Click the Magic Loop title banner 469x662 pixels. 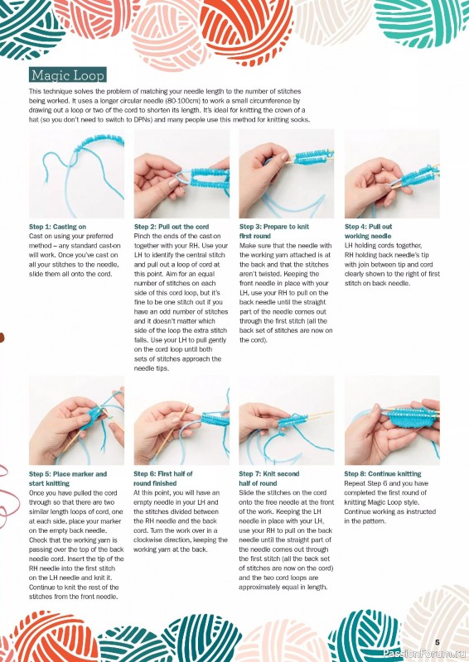click(x=68, y=75)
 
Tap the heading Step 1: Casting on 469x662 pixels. click(x=57, y=227)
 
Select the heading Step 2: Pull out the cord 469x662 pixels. click(x=172, y=227)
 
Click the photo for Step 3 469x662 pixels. click(x=287, y=174)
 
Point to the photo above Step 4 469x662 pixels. click(x=392, y=174)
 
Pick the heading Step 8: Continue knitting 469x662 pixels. click(x=383, y=473)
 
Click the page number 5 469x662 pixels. click(x=438, y=642)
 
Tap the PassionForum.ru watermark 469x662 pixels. click(x=423, y=654)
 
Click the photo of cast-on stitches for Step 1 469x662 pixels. click(x=76, y=174)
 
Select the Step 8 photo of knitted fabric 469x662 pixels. click(x=392, y=420)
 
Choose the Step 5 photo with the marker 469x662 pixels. click(x=76, y=420)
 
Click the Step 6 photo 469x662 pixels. click(x=181, y=420)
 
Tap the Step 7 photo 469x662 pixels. click(x=287, y=420)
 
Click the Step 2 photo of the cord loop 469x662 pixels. click(x=181, y=174)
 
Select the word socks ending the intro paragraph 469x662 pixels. click(x=302, y=119)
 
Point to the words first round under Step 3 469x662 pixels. click(x=255, y=236)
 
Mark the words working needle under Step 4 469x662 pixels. click(x=368, y=236)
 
